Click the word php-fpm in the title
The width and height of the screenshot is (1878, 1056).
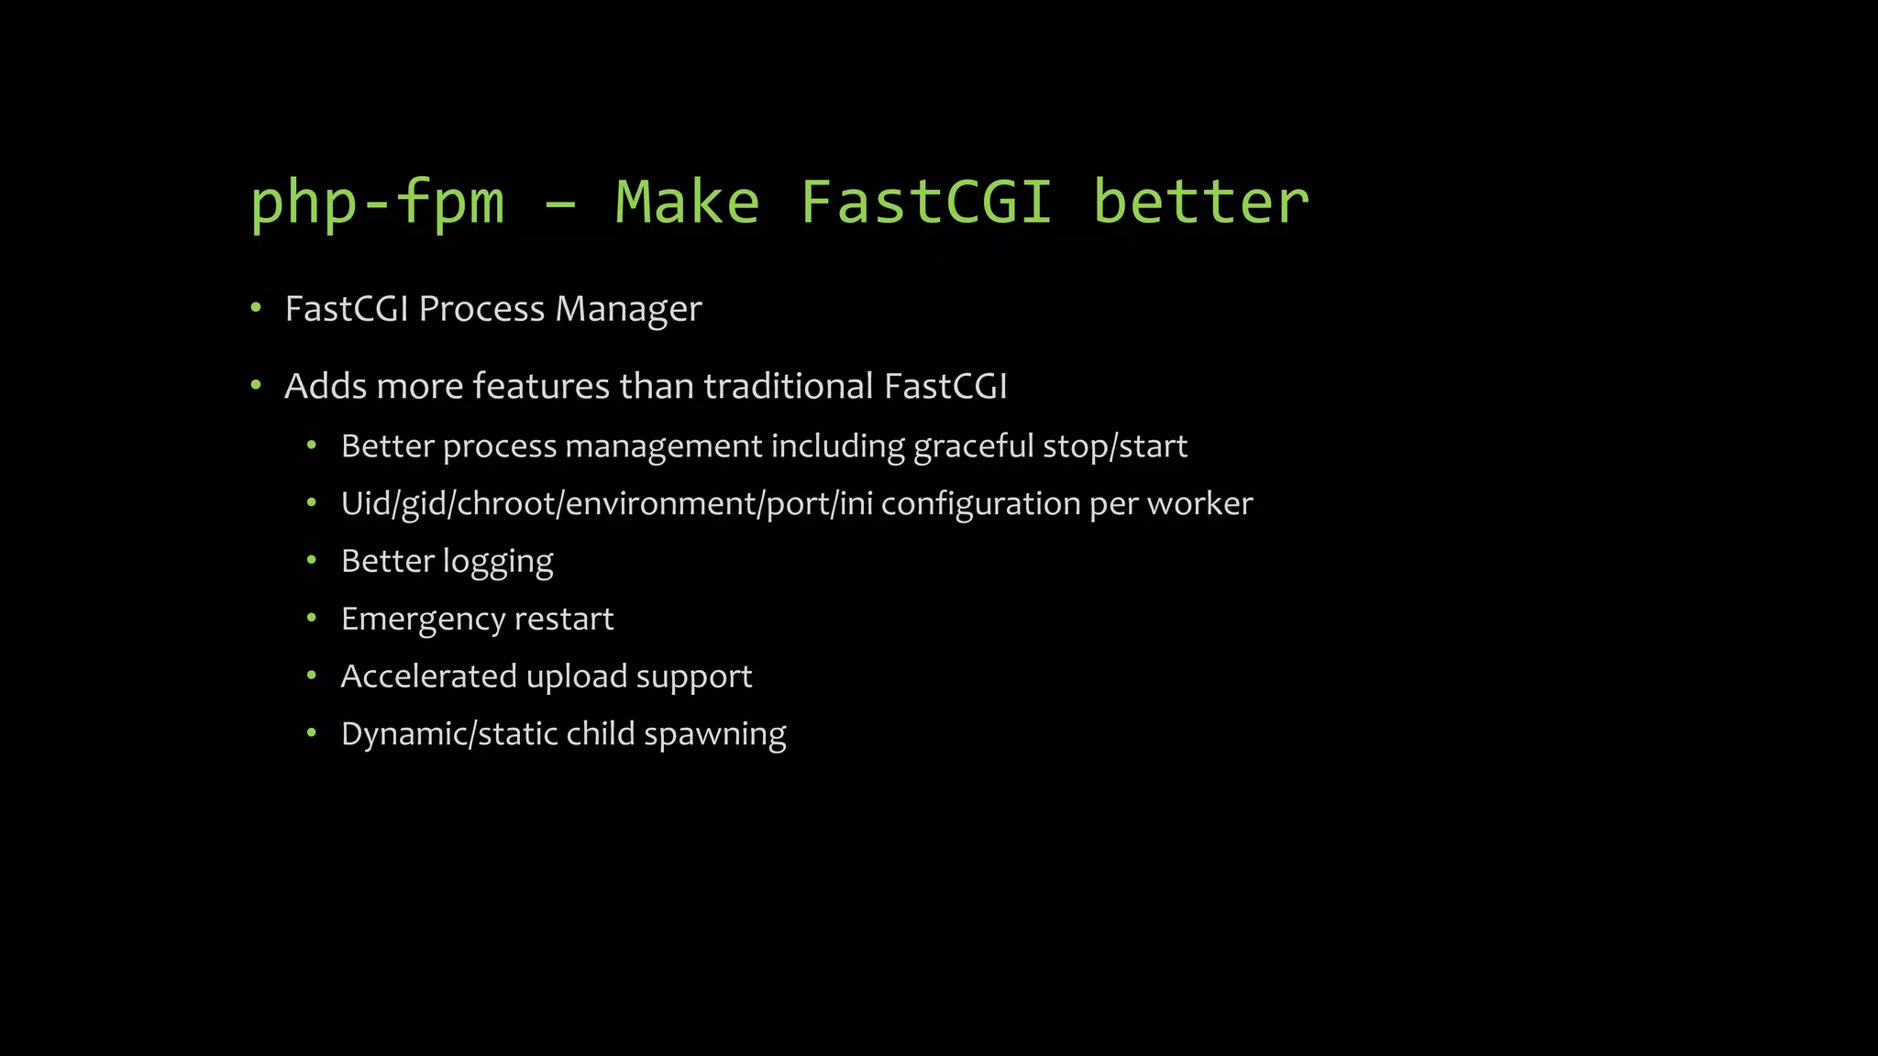pyautogui.click(x=377, y=203)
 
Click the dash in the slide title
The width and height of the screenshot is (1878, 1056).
pyautogui.click(x=559, y=203)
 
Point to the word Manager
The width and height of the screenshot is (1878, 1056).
pyautogui.click(x=628, y=310)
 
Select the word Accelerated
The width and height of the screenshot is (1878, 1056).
pyautogui.click(x=429, y=676)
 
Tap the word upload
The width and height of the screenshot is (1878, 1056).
pyautogui.click(x=577, y=677)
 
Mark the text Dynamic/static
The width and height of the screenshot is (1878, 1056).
pyautogui.click(x=449, y=734)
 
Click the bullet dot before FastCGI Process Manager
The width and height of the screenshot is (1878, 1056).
pyautogui.click(x=256, y=308)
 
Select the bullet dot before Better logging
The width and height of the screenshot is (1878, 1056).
pyautogui.click(x=312, y=560)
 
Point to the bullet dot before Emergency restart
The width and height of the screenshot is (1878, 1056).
pyautogui.click(x=312, y=618)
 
